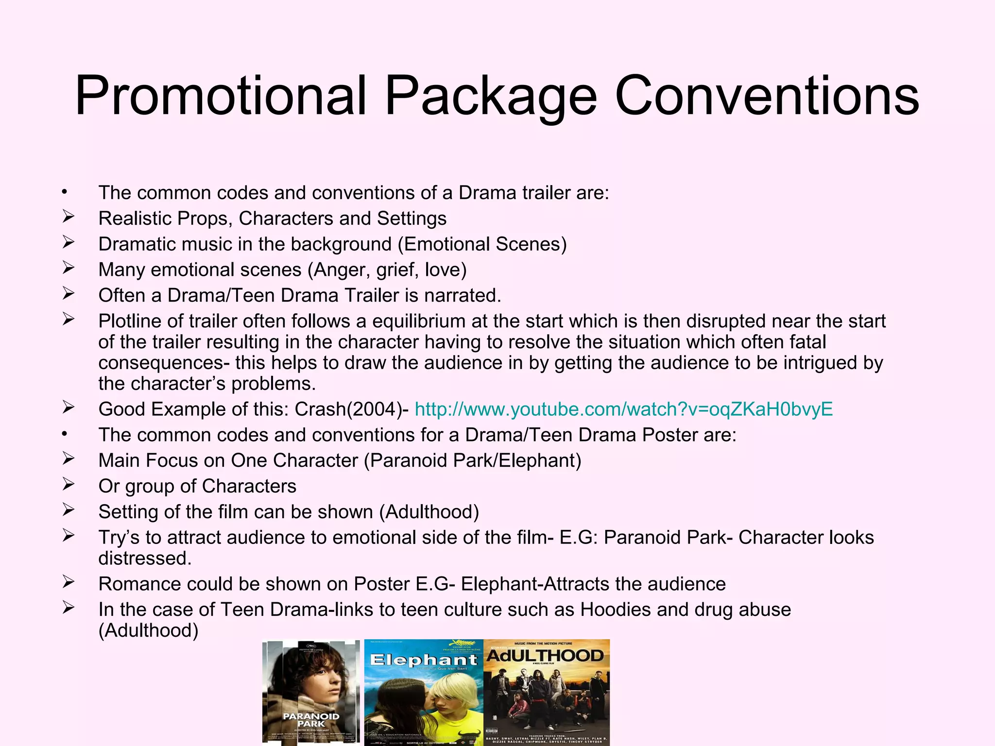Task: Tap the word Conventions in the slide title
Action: [x=767, y=96]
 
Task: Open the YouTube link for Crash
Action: [x=624, y=409]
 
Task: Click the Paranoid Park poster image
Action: [x=311, y=692]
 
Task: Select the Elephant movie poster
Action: [x=424, y=692]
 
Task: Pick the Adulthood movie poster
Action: [x=547, y=692]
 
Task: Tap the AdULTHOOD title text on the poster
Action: [x=545, y=656]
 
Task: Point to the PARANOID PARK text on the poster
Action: [x=311, y=720]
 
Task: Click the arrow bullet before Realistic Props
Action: [x=68, y=217]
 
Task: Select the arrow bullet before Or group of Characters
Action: [x=68, y=484]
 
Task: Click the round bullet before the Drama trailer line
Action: [x=64, y=193]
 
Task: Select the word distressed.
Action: [x=145, y=559]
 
